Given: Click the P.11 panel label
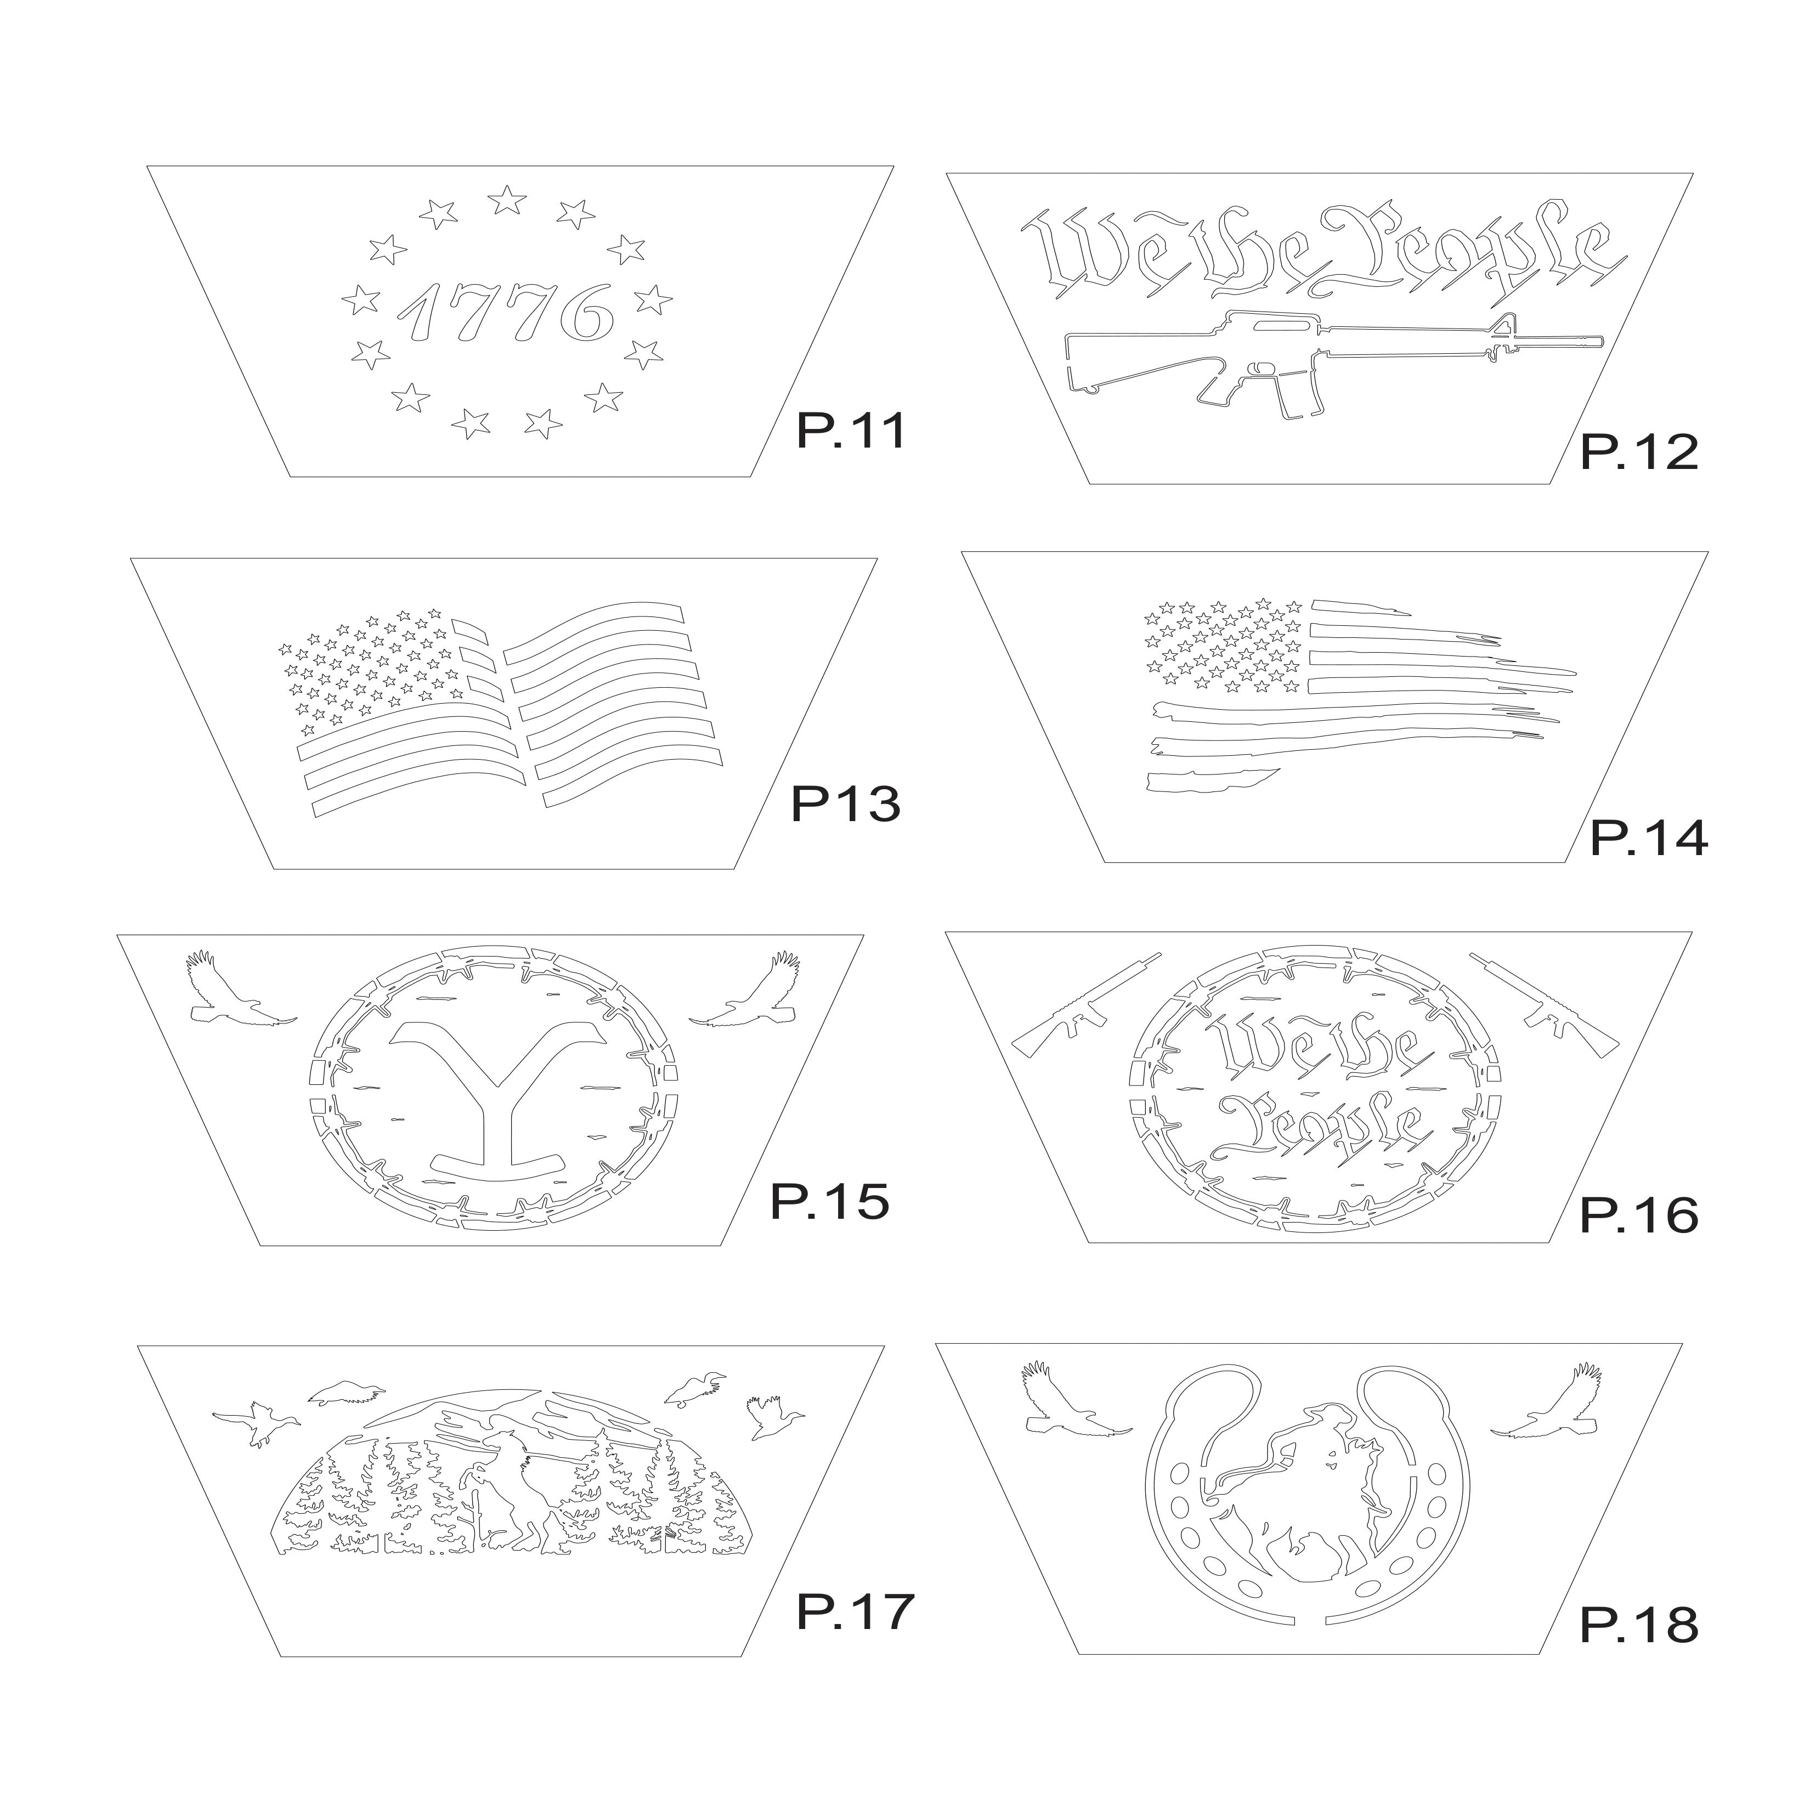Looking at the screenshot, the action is pyautogui.click(x=851, y=432).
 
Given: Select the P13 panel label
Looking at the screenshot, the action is pyautogui.click(x=846, y=804).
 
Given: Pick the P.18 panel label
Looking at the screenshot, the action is pyautogui.click(x=1638, y=1626).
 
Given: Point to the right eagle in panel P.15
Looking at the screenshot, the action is pyautogui.click(x=744, y=991).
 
